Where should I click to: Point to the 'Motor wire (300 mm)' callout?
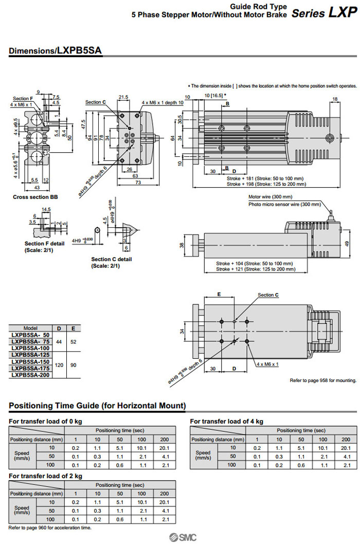[270, 197]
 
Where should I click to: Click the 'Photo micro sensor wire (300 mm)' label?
[284, 205]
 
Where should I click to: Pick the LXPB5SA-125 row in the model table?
[31, 355]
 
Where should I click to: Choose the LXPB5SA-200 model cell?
[31, 375]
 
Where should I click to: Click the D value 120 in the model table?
[59, 365]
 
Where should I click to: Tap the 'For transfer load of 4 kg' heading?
[226, 422]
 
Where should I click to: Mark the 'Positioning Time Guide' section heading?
[97, 406]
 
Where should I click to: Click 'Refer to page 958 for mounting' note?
[323, 380]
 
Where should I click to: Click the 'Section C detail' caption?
[111, 259]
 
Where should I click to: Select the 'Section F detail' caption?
[45, 244]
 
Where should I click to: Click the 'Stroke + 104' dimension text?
[256, 263]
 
